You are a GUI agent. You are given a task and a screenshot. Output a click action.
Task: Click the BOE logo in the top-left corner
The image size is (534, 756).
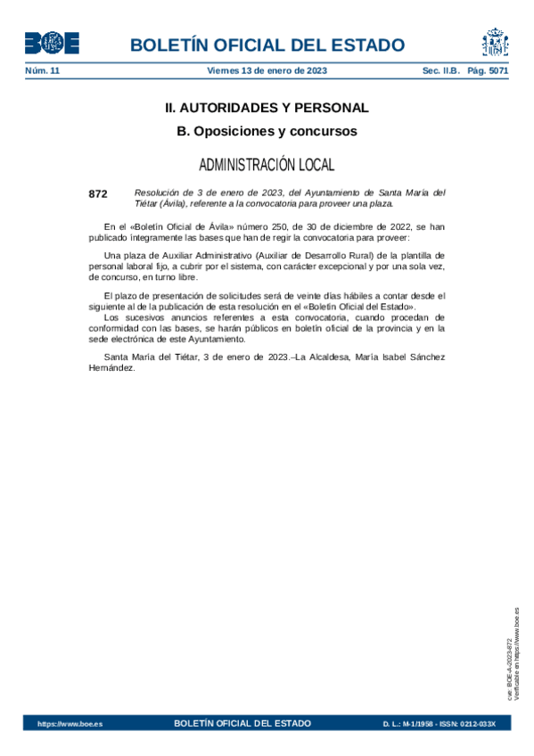tap(51, 43)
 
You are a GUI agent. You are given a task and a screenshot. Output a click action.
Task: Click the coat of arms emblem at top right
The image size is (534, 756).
tap(495, 43)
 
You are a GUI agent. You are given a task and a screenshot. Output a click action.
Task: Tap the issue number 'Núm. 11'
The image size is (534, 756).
tap(42, 70)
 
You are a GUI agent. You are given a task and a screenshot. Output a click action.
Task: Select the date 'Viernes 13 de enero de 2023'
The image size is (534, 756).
tap(267, 70)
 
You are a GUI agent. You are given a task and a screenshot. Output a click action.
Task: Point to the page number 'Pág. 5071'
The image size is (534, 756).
tap(489, 70)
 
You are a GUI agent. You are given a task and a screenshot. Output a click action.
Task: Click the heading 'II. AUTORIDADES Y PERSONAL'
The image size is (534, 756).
tap(267, 108)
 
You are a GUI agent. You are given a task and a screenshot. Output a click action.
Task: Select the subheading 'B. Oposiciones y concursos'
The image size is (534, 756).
tap(267, 131)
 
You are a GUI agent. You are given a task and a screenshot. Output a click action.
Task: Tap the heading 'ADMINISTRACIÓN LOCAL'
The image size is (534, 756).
tap(267, 165)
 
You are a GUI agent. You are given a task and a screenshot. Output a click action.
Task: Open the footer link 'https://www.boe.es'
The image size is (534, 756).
tap(70, 724)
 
